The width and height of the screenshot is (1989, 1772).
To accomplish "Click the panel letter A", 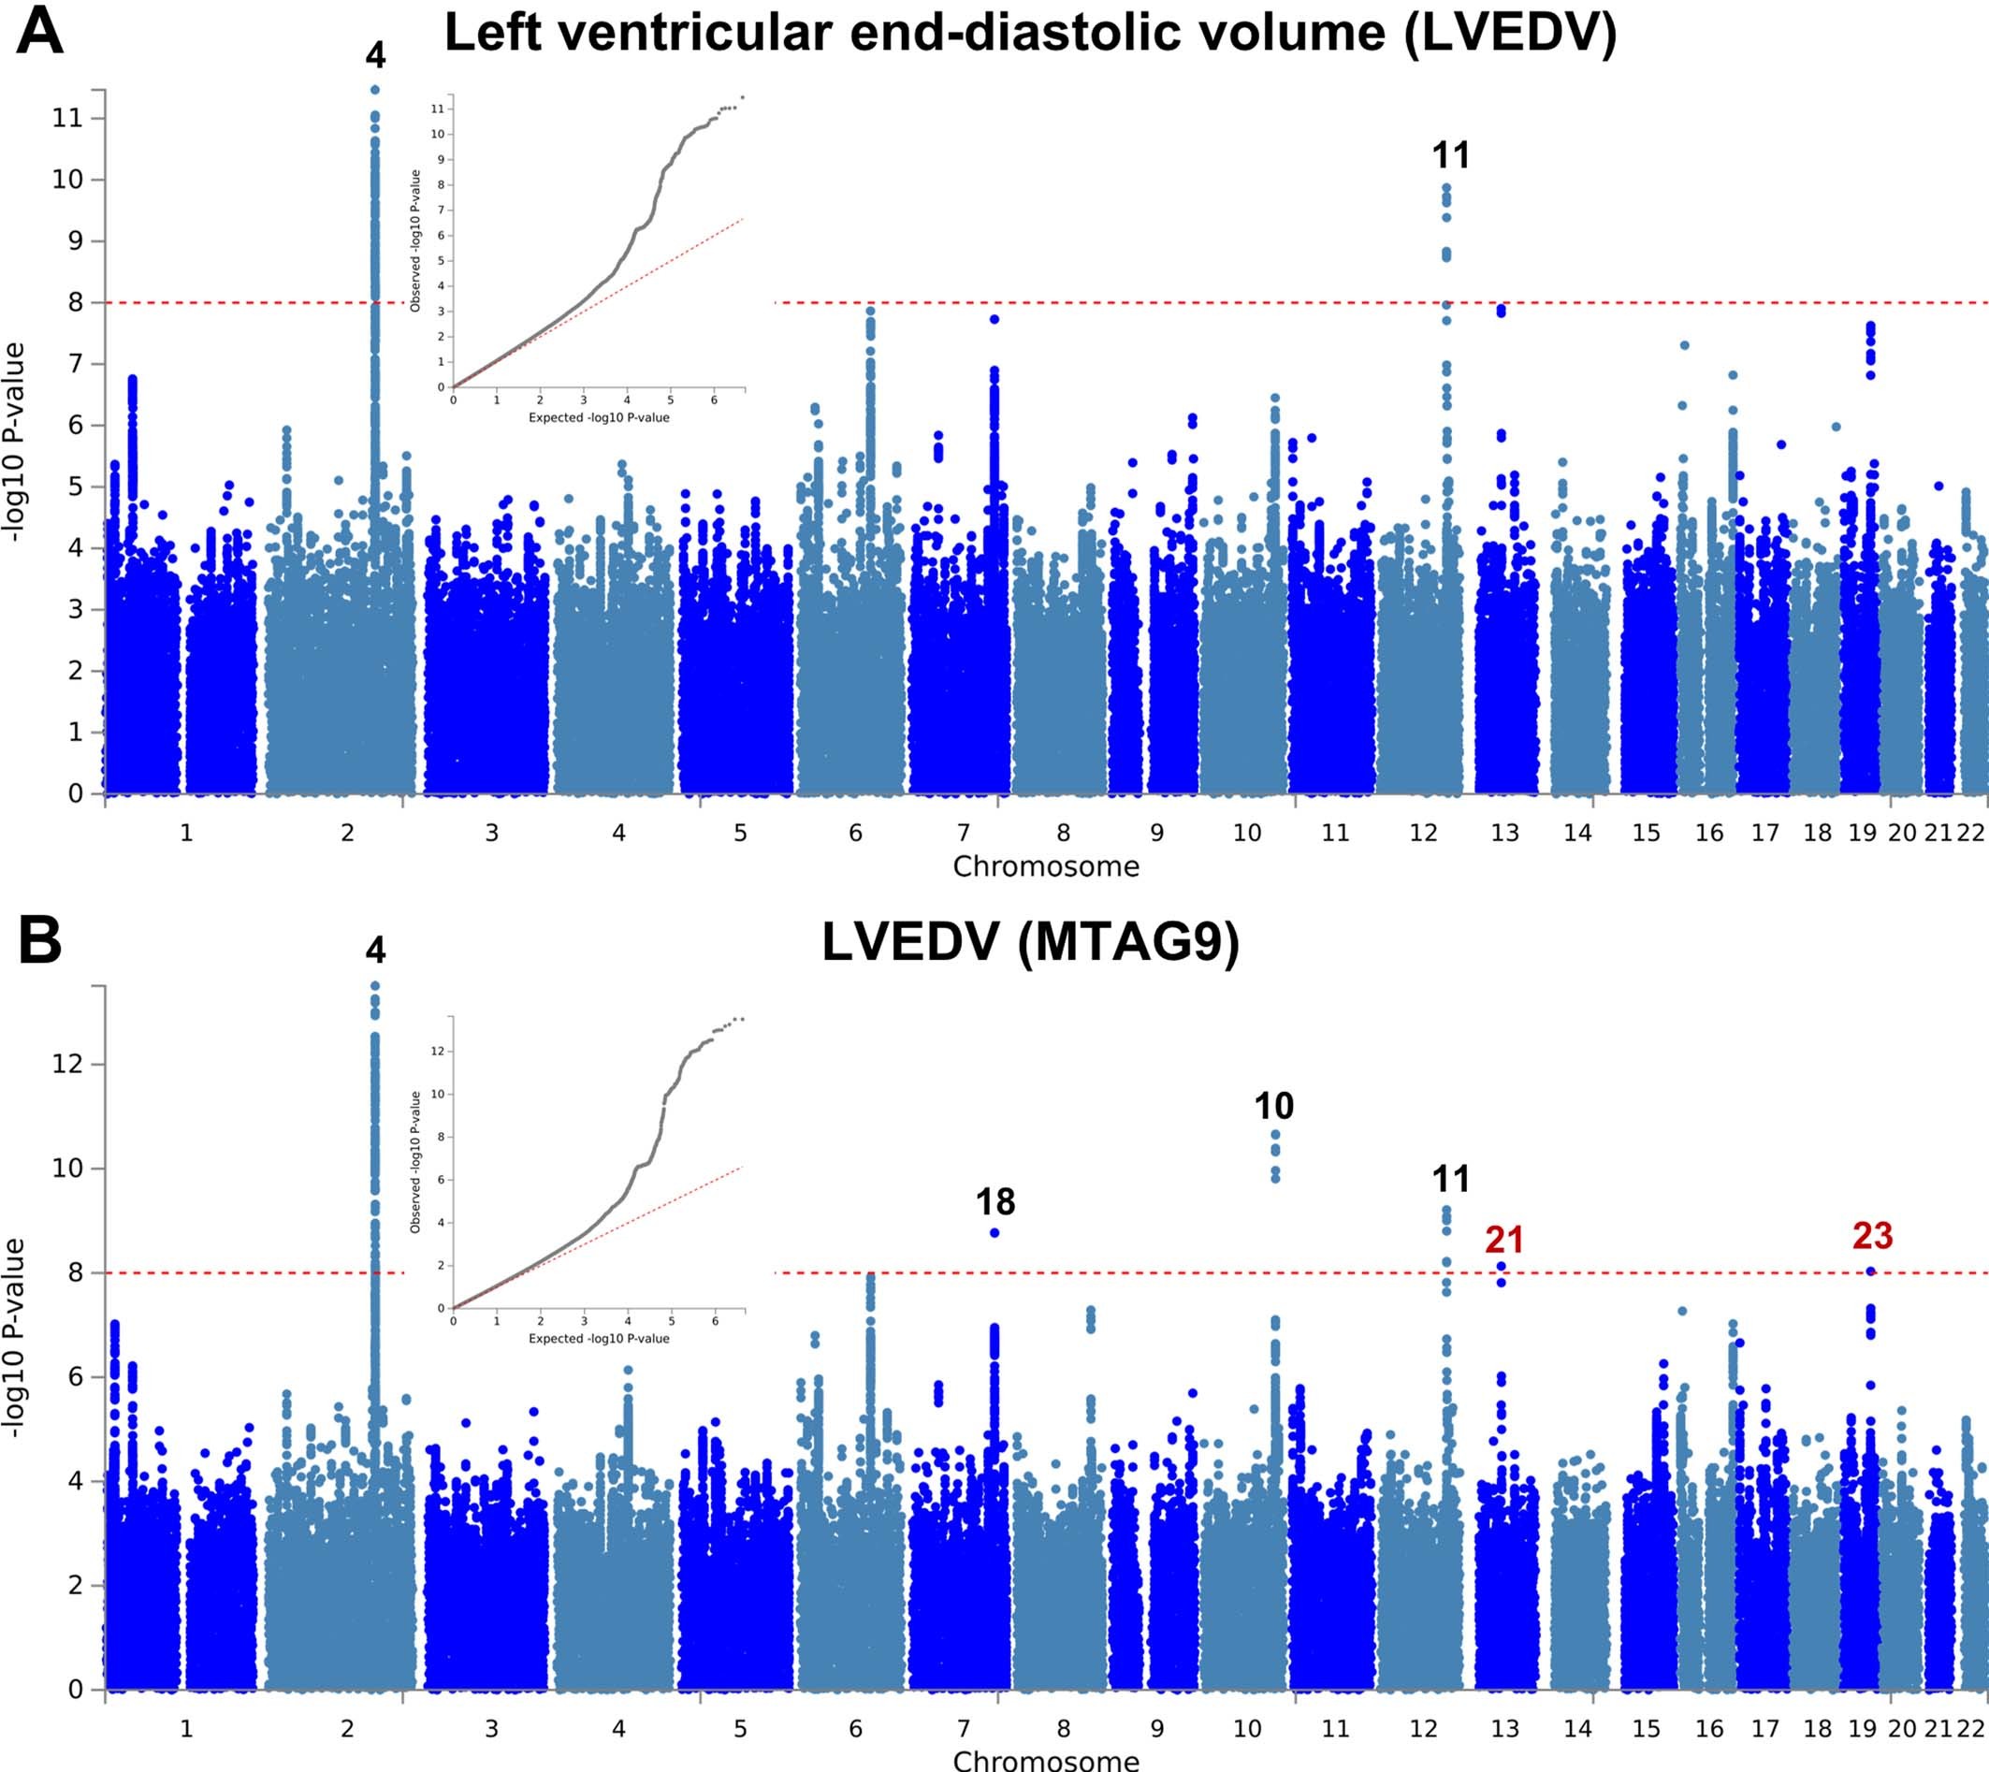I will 40,31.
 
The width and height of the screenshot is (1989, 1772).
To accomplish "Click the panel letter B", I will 40,941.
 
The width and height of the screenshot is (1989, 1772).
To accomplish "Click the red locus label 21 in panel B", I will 1504,1240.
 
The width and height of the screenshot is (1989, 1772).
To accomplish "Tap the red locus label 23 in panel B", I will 1872,1236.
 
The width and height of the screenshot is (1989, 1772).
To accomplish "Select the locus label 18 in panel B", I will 995,1202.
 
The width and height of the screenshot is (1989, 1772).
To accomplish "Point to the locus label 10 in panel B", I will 1273,1106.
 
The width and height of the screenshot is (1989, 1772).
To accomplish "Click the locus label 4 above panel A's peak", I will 376,55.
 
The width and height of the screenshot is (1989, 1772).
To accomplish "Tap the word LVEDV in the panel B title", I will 910,941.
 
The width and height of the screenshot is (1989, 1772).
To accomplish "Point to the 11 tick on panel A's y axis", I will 67,118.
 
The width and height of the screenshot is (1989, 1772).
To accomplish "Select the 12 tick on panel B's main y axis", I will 67,1063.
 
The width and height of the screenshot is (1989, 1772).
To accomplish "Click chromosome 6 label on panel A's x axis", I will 855,833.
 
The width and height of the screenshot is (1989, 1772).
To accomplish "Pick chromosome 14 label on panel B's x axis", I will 1577,1728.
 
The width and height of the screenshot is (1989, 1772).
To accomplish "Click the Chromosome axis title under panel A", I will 1046,866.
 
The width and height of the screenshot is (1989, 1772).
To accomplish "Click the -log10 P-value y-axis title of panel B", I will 14,1337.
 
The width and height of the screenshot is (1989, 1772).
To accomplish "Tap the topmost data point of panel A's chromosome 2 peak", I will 375,90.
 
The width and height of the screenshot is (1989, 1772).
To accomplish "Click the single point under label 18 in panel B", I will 994,1232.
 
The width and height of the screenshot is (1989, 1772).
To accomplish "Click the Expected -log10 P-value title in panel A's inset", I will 599,417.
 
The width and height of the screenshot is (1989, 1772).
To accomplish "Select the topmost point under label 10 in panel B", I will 1275,1134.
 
